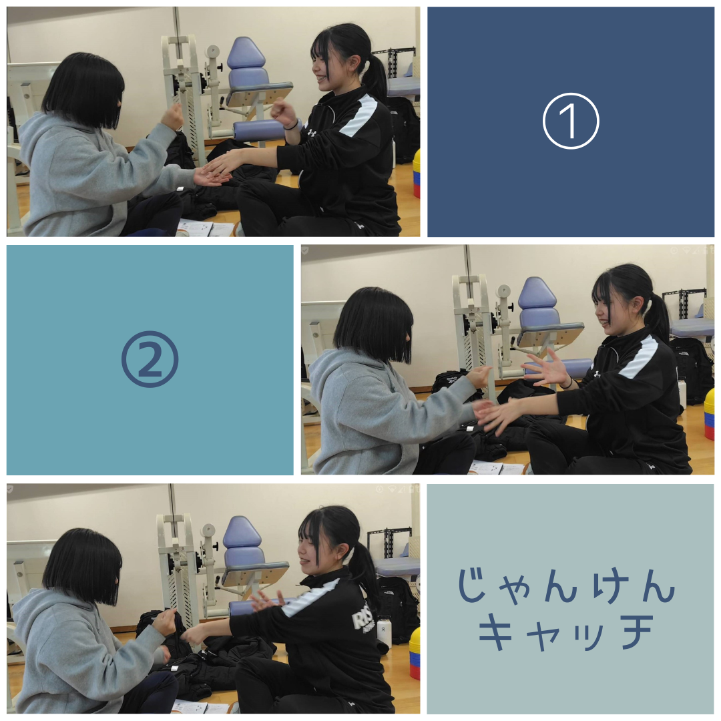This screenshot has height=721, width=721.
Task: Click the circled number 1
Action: coord(571,121)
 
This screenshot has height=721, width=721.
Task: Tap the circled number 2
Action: coord(150,359)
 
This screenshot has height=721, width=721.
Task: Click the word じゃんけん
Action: coord(566,585)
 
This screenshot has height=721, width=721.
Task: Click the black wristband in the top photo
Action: coord(290,125)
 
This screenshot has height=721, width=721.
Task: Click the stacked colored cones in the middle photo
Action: coord(709,413)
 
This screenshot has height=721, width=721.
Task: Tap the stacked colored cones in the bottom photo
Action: coord(415,654)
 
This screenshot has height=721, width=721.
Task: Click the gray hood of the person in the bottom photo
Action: coord(35,616)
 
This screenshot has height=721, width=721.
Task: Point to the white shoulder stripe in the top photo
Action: coord(361,117)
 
